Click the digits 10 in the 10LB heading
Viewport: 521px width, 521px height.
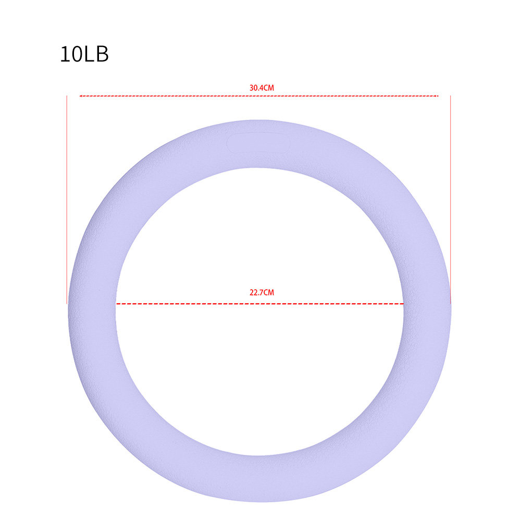pos(71,54)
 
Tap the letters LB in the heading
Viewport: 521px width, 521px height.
pos(96,54)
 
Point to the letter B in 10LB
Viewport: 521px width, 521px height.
pos(102,54)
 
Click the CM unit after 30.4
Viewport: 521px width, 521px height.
pos(269,88)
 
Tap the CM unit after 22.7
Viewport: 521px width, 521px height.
pos(269,292)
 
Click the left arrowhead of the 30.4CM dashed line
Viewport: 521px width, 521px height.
pos(80,96)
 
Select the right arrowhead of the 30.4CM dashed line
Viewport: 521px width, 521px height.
pos(437,96)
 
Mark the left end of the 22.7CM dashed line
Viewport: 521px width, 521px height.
pos(117,304)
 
